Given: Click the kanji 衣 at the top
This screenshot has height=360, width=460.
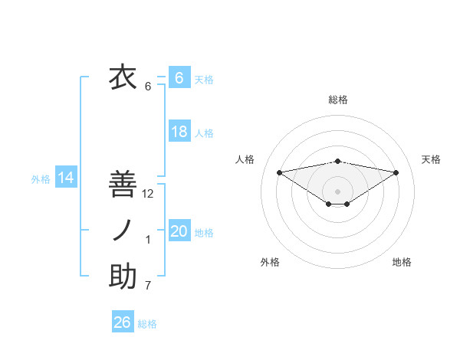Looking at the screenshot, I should [123, 77].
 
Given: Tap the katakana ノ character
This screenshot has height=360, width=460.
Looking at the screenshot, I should [123, 230].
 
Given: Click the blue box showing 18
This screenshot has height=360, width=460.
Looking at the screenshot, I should [179, 131].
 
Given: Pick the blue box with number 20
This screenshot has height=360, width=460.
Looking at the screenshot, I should [179, 231].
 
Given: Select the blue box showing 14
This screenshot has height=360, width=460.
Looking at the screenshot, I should [66, 178].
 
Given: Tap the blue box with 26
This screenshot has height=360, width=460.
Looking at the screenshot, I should [123, 322].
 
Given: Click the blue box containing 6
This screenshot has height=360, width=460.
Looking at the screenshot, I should [179, 77].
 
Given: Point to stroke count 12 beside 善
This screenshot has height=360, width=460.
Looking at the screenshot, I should [148, 194].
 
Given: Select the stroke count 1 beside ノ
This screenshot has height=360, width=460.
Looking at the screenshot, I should [148, 240].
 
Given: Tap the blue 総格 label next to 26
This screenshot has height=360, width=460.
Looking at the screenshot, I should [147, 324].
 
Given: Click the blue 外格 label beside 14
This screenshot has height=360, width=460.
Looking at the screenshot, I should [41, 179].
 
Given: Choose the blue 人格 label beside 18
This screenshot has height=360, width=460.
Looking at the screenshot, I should [204, 133].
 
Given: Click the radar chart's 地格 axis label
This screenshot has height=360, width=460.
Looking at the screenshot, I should [402, 262].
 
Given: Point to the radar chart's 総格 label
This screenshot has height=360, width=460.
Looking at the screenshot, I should [337, 100].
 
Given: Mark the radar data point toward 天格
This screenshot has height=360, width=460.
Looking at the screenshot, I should [396, 172].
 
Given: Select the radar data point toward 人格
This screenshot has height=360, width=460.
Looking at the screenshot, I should [279, 172].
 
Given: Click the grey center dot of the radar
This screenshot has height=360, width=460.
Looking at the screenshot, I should [337, 190].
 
